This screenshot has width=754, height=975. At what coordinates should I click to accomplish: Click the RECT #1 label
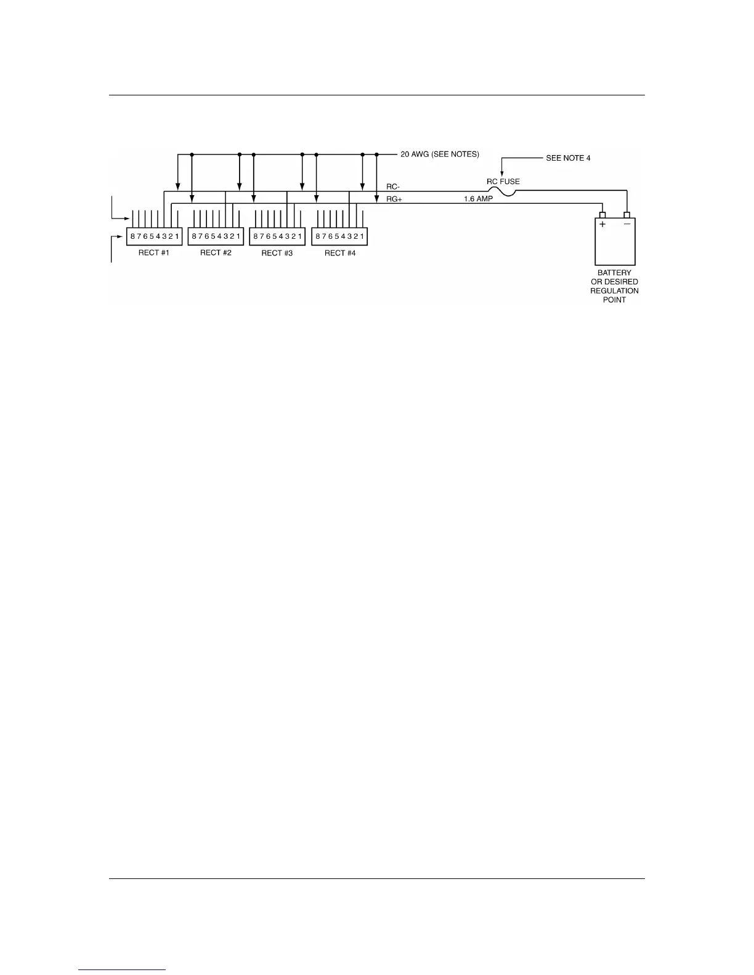[153, 253]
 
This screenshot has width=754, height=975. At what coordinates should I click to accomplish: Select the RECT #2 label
[216, 253]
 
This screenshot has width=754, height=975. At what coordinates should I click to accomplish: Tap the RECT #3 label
[277, 253]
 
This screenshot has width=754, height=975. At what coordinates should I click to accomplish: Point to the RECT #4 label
[340, 253]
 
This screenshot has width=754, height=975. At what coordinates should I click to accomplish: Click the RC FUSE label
[503, 182]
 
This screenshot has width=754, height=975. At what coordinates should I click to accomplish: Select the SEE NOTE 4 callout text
[568, 158]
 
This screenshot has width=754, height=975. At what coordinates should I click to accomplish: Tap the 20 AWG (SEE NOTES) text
[440, 154]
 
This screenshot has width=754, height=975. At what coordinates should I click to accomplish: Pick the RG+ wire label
[386, 199]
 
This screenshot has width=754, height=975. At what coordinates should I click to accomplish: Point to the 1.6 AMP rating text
[478, 199]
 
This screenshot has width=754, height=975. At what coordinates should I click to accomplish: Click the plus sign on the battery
[602, 225]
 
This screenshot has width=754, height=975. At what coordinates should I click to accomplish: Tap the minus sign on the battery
[627, 224]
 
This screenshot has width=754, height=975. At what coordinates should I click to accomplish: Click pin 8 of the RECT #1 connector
[132, 236]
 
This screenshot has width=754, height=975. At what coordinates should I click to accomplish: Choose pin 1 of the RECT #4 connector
[362, 236]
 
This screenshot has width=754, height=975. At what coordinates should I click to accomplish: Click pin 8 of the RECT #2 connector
[194, 236]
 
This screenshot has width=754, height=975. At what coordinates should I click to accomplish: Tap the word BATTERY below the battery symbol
[614, 273]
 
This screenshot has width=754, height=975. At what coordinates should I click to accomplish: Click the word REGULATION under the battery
[614, 291]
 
